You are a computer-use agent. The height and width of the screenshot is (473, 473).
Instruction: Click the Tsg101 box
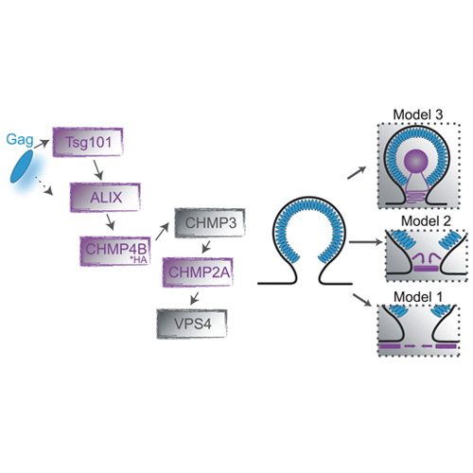[88, 142]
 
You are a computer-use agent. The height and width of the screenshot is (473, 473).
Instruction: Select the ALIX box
[105, 198]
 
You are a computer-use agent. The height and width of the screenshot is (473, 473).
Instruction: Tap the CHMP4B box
[115, 251]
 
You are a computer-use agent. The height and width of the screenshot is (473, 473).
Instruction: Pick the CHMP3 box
[210, 223]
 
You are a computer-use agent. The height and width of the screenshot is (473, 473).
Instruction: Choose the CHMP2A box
[198, 272]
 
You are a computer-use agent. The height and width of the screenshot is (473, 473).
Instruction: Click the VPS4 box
[192, 324]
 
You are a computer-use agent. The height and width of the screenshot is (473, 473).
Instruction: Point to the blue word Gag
[20, 140]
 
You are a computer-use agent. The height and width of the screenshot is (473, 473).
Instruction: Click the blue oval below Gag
[22, 166]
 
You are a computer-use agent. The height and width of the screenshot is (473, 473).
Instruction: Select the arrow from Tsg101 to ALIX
[98, 170]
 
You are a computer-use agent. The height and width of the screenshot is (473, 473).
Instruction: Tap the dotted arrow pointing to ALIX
[44, 185]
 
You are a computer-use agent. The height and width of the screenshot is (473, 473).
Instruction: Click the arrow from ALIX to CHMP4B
[110, 222]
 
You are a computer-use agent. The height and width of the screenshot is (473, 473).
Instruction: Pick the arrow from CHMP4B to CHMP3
[162, 232]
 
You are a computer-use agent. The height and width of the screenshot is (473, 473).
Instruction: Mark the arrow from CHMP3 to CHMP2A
[206, 247]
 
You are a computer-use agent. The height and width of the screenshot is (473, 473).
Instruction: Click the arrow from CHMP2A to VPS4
[195, 298]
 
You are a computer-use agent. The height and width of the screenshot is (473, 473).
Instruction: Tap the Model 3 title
[418, 114]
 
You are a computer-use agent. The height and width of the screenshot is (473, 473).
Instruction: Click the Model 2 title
[426, 221]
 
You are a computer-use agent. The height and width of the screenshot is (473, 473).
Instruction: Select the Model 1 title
[418, 297]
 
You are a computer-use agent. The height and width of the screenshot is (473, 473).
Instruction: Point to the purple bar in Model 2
[426, 269]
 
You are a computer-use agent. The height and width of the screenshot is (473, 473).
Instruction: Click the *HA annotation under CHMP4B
[139, 260]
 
